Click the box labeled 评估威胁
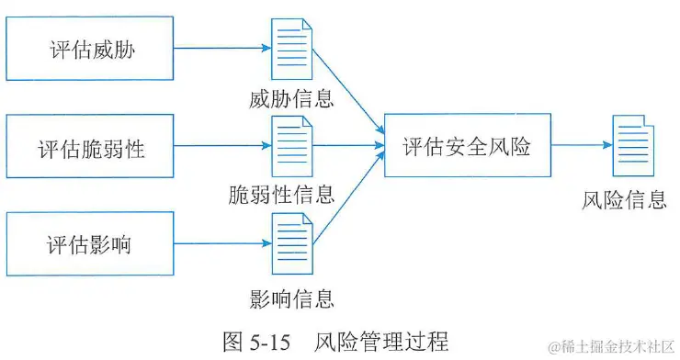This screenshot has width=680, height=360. [x=90, y=49]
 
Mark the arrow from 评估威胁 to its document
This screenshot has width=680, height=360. [x=221, y=49]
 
